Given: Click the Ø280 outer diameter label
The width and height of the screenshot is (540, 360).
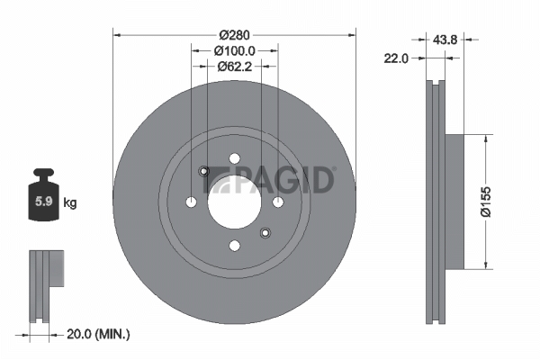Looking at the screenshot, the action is pos(235,35).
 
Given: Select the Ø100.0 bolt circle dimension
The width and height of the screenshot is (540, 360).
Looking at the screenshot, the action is pos(235,51).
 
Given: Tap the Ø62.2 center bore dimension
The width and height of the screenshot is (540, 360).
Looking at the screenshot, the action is pos(235,66).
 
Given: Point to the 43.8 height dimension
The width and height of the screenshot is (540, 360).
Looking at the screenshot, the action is pos(445,40).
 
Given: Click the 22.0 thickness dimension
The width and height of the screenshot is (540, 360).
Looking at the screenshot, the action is pos(396,58).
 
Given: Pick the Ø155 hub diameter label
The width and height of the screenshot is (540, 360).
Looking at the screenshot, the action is pos(486,202).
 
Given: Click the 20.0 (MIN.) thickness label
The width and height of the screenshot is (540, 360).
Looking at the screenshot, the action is pos(98,334).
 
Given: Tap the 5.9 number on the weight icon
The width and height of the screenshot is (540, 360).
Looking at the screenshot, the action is pos(44,202).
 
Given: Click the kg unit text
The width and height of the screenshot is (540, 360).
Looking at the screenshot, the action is pos(70,202).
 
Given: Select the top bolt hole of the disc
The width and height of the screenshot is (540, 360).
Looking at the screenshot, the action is pos(235,158).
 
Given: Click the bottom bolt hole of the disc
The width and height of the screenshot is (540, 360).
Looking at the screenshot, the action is pos(235,246).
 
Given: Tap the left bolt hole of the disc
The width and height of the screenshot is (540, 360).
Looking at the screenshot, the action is pos(191,202).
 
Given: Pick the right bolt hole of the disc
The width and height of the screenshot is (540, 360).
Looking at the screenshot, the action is pos(278,202).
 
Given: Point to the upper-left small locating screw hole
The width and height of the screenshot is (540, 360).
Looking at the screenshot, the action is pos(204,171).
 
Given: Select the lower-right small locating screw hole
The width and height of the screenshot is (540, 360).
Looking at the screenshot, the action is pos(265,233).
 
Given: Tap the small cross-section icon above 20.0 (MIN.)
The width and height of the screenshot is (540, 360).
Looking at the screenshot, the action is pos(46,286).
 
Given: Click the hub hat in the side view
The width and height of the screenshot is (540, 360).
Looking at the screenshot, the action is pos(454,202).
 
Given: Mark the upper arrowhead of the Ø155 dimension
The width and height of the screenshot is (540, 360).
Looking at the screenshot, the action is pos(486,138).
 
